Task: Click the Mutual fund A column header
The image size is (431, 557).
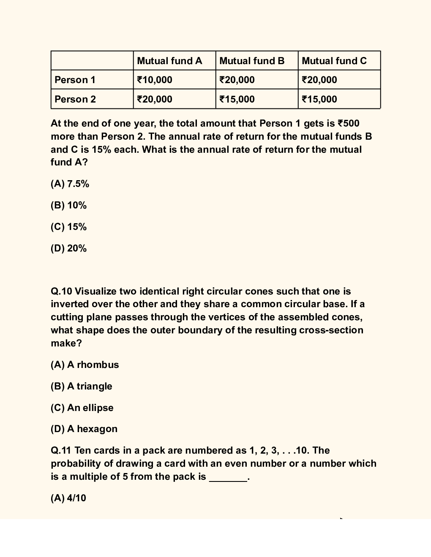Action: (169, 61)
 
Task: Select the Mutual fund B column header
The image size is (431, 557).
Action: (252, 61)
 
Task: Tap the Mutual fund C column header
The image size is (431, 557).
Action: (334, 61)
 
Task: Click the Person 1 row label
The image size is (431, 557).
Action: (75, 80)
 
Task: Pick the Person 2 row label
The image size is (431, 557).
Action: (75, 99)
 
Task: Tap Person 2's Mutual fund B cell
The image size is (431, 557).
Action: (237, 99)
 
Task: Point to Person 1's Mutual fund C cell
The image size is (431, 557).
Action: (319, 80)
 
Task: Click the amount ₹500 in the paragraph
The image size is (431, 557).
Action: (348, 123)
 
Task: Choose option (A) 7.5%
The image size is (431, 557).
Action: (70, 184)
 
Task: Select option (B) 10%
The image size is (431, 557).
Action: (68, 205)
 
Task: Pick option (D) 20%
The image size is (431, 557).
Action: (68, 249)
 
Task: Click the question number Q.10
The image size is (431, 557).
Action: (61, 292)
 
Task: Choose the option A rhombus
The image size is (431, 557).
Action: (85, 365)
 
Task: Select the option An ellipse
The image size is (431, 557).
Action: (82, 408)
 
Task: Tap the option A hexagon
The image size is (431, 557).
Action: (84, 429)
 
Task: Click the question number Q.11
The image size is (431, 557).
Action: (61, 451)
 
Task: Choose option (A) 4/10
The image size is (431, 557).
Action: (68, 498)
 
